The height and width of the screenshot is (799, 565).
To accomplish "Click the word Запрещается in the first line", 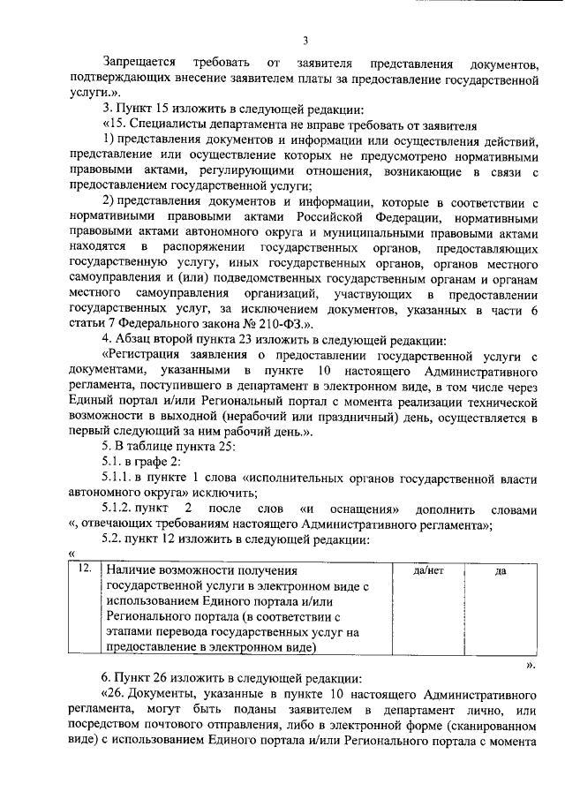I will pyautogui.click(x=139, y=64).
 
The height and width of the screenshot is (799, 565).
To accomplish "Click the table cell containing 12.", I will pyautogui.click(x=85, y=570).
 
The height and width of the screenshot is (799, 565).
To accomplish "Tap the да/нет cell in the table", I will pyautogui.click(x=427, y=571).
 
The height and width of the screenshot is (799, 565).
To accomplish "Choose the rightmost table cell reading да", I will pyautogui.click(x=500, y=571).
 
